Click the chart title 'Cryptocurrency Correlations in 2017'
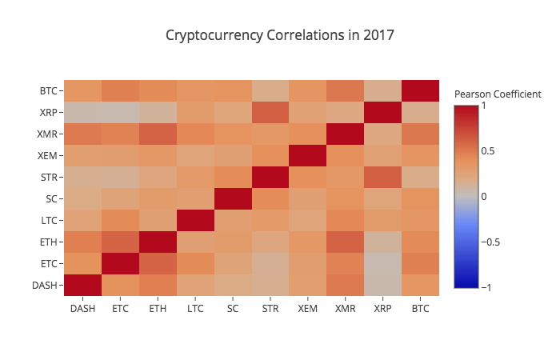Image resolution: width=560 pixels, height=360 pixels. (280, 36)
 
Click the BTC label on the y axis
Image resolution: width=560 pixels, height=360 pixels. (47, 90)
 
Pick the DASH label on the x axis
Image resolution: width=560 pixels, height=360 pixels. (82, 307)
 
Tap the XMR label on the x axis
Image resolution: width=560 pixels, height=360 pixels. (346, 307)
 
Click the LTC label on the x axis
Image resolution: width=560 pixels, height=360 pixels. (195, 307)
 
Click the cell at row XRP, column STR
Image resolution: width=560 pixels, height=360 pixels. (270, 112)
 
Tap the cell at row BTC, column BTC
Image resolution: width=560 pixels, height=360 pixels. (421, 90)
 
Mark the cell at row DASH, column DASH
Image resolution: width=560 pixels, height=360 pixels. (82, 285)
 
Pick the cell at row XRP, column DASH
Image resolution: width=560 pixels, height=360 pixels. (82, 112)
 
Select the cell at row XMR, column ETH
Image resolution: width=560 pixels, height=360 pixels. (158, 134)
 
